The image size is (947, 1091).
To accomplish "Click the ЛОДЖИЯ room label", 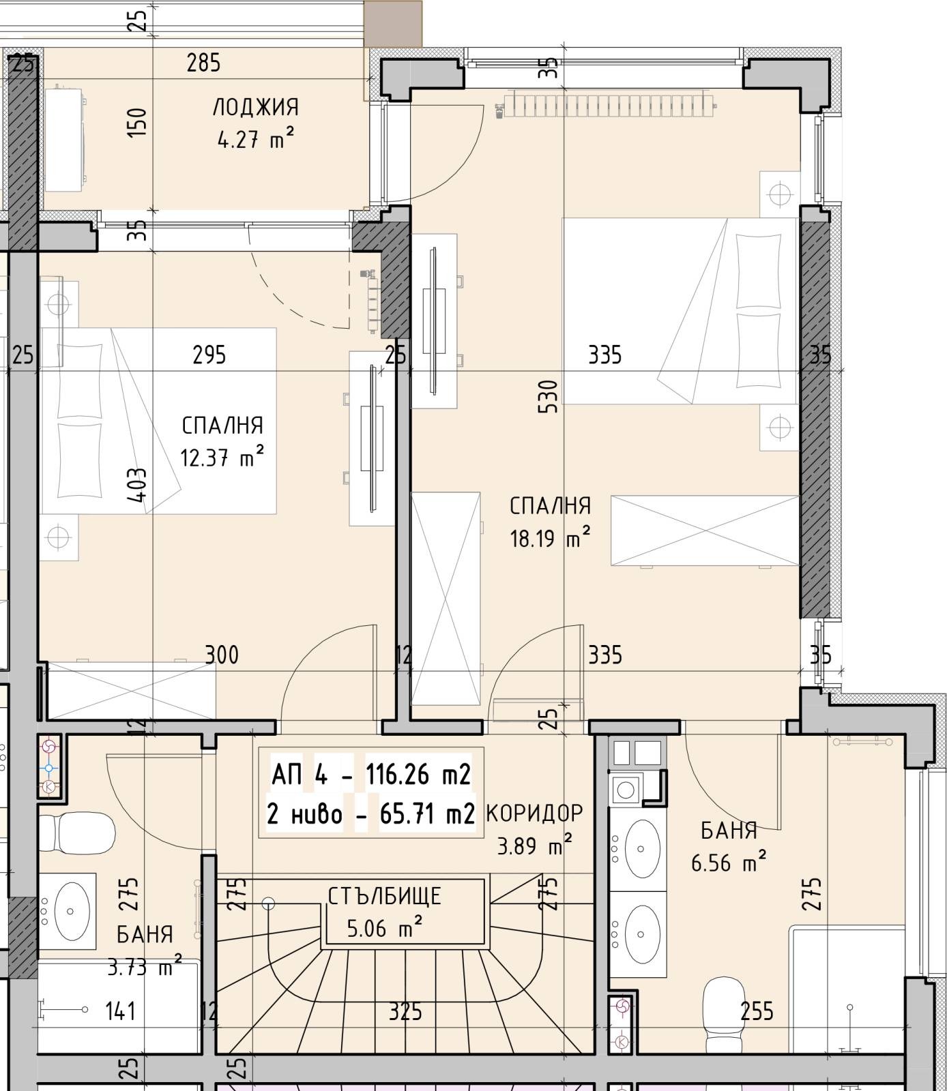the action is (255, 108).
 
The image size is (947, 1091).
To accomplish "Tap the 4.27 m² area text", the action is (256, 139).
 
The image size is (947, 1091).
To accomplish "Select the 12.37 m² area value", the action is (222, 456).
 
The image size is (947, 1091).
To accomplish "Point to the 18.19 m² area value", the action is (550, 537).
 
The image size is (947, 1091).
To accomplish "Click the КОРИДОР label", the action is (535, 813).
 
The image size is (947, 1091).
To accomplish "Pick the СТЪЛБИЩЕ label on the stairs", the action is (385, 896).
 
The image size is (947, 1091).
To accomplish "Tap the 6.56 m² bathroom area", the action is (729, 863).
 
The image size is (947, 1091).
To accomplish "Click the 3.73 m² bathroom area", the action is (145, 966).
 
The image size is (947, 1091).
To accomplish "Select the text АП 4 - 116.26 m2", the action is (371, 775).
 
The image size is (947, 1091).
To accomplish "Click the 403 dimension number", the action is (137, 485).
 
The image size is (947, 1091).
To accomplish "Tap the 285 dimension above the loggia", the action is (203, 63).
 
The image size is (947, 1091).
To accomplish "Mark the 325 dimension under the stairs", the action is (405, 1011).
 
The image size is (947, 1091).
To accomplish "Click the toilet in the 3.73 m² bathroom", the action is (76, 833).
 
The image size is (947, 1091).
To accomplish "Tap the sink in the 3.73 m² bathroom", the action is (68, 910).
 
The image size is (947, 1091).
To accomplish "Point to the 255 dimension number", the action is (757, 1011).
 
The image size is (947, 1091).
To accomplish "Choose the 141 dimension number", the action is (120, 1011).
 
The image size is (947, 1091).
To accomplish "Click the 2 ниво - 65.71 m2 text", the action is (371, 814).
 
